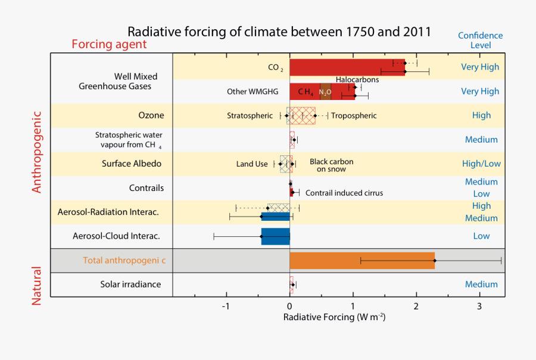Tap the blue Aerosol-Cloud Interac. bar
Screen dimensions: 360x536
click(275, 236)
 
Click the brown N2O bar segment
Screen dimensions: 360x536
click(325, 92)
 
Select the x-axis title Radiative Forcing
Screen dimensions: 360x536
click(334, 317)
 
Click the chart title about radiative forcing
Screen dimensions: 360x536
click(279, 31)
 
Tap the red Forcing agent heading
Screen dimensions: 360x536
click(109, 45)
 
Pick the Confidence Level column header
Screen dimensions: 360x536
click(480, 40)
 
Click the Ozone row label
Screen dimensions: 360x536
click(151, 115)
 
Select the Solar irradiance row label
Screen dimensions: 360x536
click(130, 284)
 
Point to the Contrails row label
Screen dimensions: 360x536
click(147, 188)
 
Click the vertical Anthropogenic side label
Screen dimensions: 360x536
click(37, 152)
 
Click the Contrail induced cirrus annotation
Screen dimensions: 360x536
click(344, 193)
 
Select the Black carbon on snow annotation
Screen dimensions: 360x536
click(331, 165)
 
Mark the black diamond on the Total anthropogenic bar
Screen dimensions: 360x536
click(435, 261)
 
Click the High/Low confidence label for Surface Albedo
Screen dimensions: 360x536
click(481, 164)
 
